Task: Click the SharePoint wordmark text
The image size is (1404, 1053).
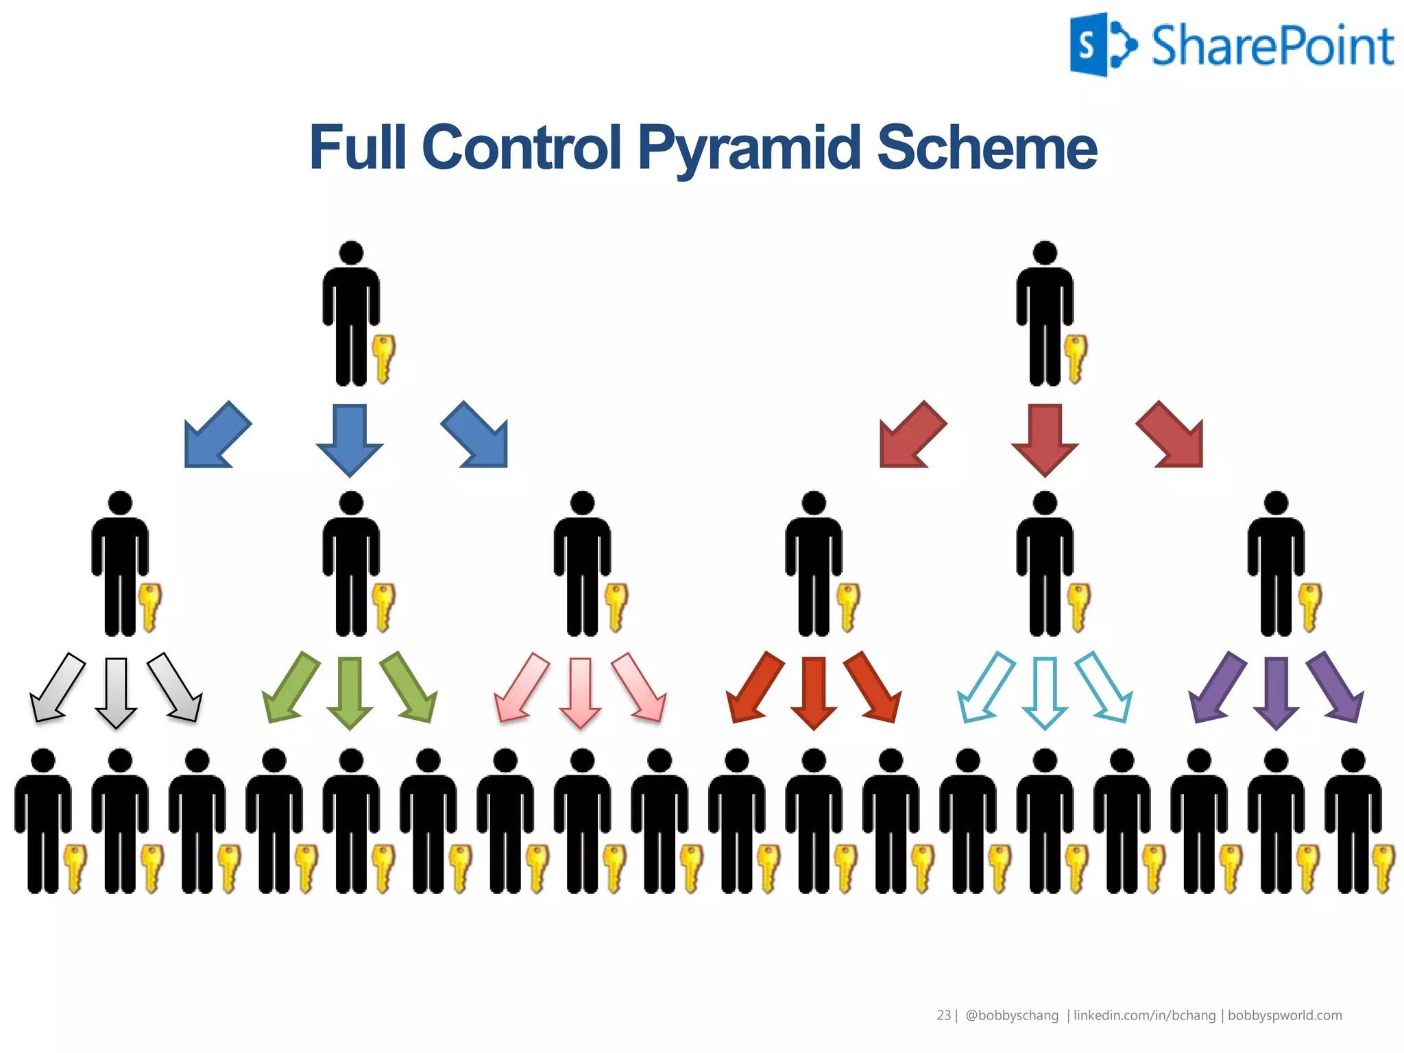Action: tap(1272, 46)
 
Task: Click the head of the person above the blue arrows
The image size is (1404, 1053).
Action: tap(351, 252)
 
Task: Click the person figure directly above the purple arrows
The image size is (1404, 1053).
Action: tap(1276, 562)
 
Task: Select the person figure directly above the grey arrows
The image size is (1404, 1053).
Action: tap(120, 562)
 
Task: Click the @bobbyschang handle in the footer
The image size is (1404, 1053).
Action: tap(1011, 1015)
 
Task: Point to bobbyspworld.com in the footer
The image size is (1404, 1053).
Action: tap(1284, 1015)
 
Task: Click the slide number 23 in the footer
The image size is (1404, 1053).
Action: tap(943, 1015)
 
